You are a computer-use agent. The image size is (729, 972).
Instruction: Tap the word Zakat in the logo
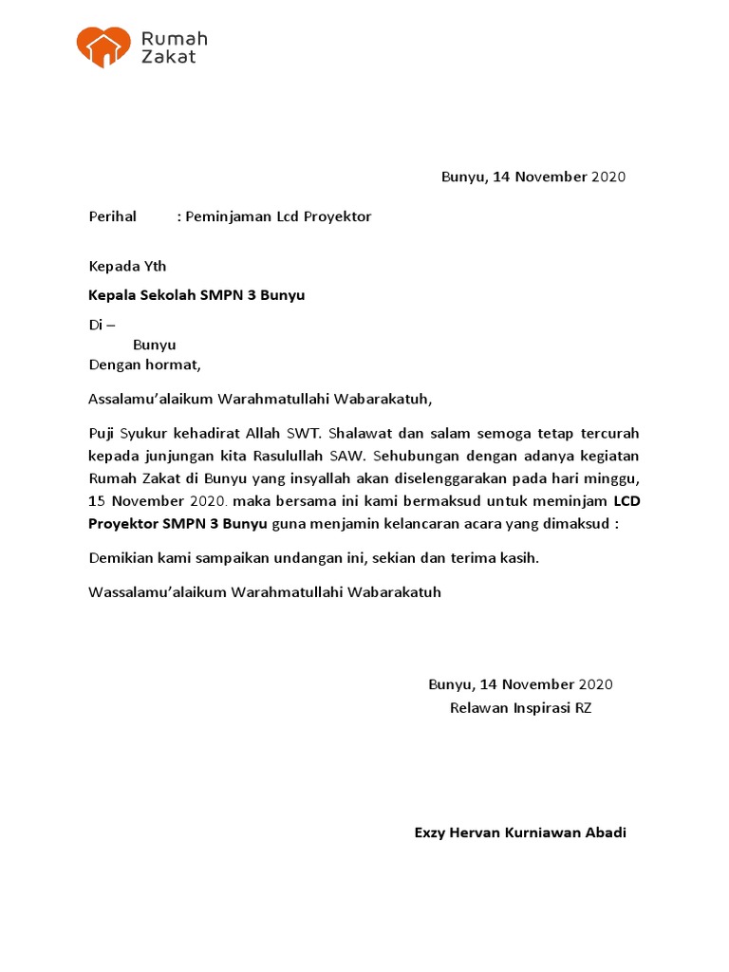coord(169,57)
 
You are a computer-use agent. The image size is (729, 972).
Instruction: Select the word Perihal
coord(113,216)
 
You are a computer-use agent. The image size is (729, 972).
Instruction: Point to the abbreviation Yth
coord(154,266)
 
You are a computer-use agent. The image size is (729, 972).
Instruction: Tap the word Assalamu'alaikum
coord(151,399)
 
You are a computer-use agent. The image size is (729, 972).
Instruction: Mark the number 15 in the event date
coord(97,499)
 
